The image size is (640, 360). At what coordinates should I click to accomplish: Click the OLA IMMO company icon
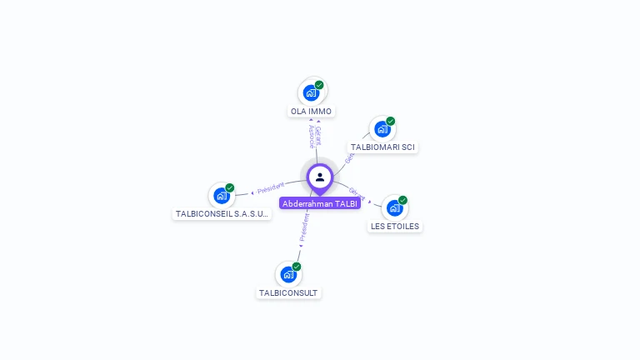tap(311, 92)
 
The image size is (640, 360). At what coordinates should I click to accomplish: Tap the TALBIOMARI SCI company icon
tap(382, 129)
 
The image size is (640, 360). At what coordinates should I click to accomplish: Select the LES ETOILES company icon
tap(394, 207)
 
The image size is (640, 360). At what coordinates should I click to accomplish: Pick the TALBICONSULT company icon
tap(288, 274)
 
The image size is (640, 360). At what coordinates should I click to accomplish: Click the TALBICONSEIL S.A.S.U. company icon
tap(221, 196)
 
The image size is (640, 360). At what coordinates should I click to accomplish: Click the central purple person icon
tap(320, 177)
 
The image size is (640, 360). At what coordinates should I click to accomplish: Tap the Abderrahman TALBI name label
tap(320, 203)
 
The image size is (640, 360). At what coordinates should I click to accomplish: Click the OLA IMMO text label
tap(311, 111)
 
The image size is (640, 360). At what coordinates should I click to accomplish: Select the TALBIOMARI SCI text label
tap(382, 147)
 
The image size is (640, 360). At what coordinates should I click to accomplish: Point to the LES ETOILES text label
tap(395, 226)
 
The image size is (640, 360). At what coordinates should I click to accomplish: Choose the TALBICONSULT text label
tap(288, 293)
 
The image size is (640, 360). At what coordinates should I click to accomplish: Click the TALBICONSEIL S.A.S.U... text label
tap(222, 214)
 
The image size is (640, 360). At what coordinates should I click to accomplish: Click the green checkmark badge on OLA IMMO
tap(319, 85)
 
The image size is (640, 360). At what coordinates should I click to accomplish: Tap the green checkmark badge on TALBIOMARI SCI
tap(390, 122)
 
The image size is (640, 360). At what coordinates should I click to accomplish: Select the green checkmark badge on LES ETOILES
tap(402, 200)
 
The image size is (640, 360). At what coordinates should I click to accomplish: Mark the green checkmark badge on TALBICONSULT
tap(297, 267)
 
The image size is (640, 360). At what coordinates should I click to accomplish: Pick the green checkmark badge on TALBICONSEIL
tap(230, 187)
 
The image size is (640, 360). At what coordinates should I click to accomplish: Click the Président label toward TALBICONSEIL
tap(270, 187)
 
